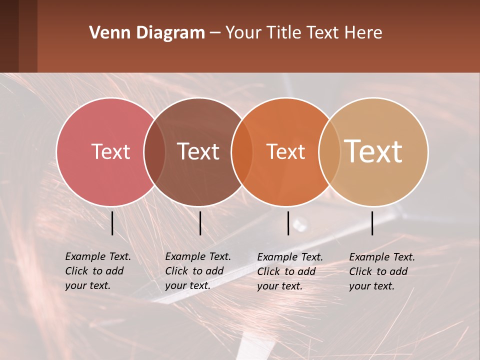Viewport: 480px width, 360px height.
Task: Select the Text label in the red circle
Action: point(110,151)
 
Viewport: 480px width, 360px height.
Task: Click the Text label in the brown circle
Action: point(198,151)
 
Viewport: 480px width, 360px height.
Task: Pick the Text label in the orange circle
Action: point(286,151)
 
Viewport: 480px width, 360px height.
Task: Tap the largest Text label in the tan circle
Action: point(373,151)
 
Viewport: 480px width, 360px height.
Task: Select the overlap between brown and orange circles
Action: point(242,151)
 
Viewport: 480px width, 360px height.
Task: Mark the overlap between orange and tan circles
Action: point(329,151)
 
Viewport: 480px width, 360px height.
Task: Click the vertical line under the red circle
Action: point(112,223)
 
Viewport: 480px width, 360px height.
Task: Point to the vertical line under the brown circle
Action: point(200,223)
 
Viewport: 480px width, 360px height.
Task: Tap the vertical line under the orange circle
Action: point(288,223)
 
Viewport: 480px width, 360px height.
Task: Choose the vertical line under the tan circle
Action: point(372,223)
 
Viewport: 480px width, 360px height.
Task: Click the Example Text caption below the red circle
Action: point(98,271)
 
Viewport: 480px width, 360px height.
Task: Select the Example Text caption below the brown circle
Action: point(198,271)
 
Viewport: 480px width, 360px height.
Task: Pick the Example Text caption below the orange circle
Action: point(290,271)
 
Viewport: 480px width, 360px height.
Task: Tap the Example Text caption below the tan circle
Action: point(382,271)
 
